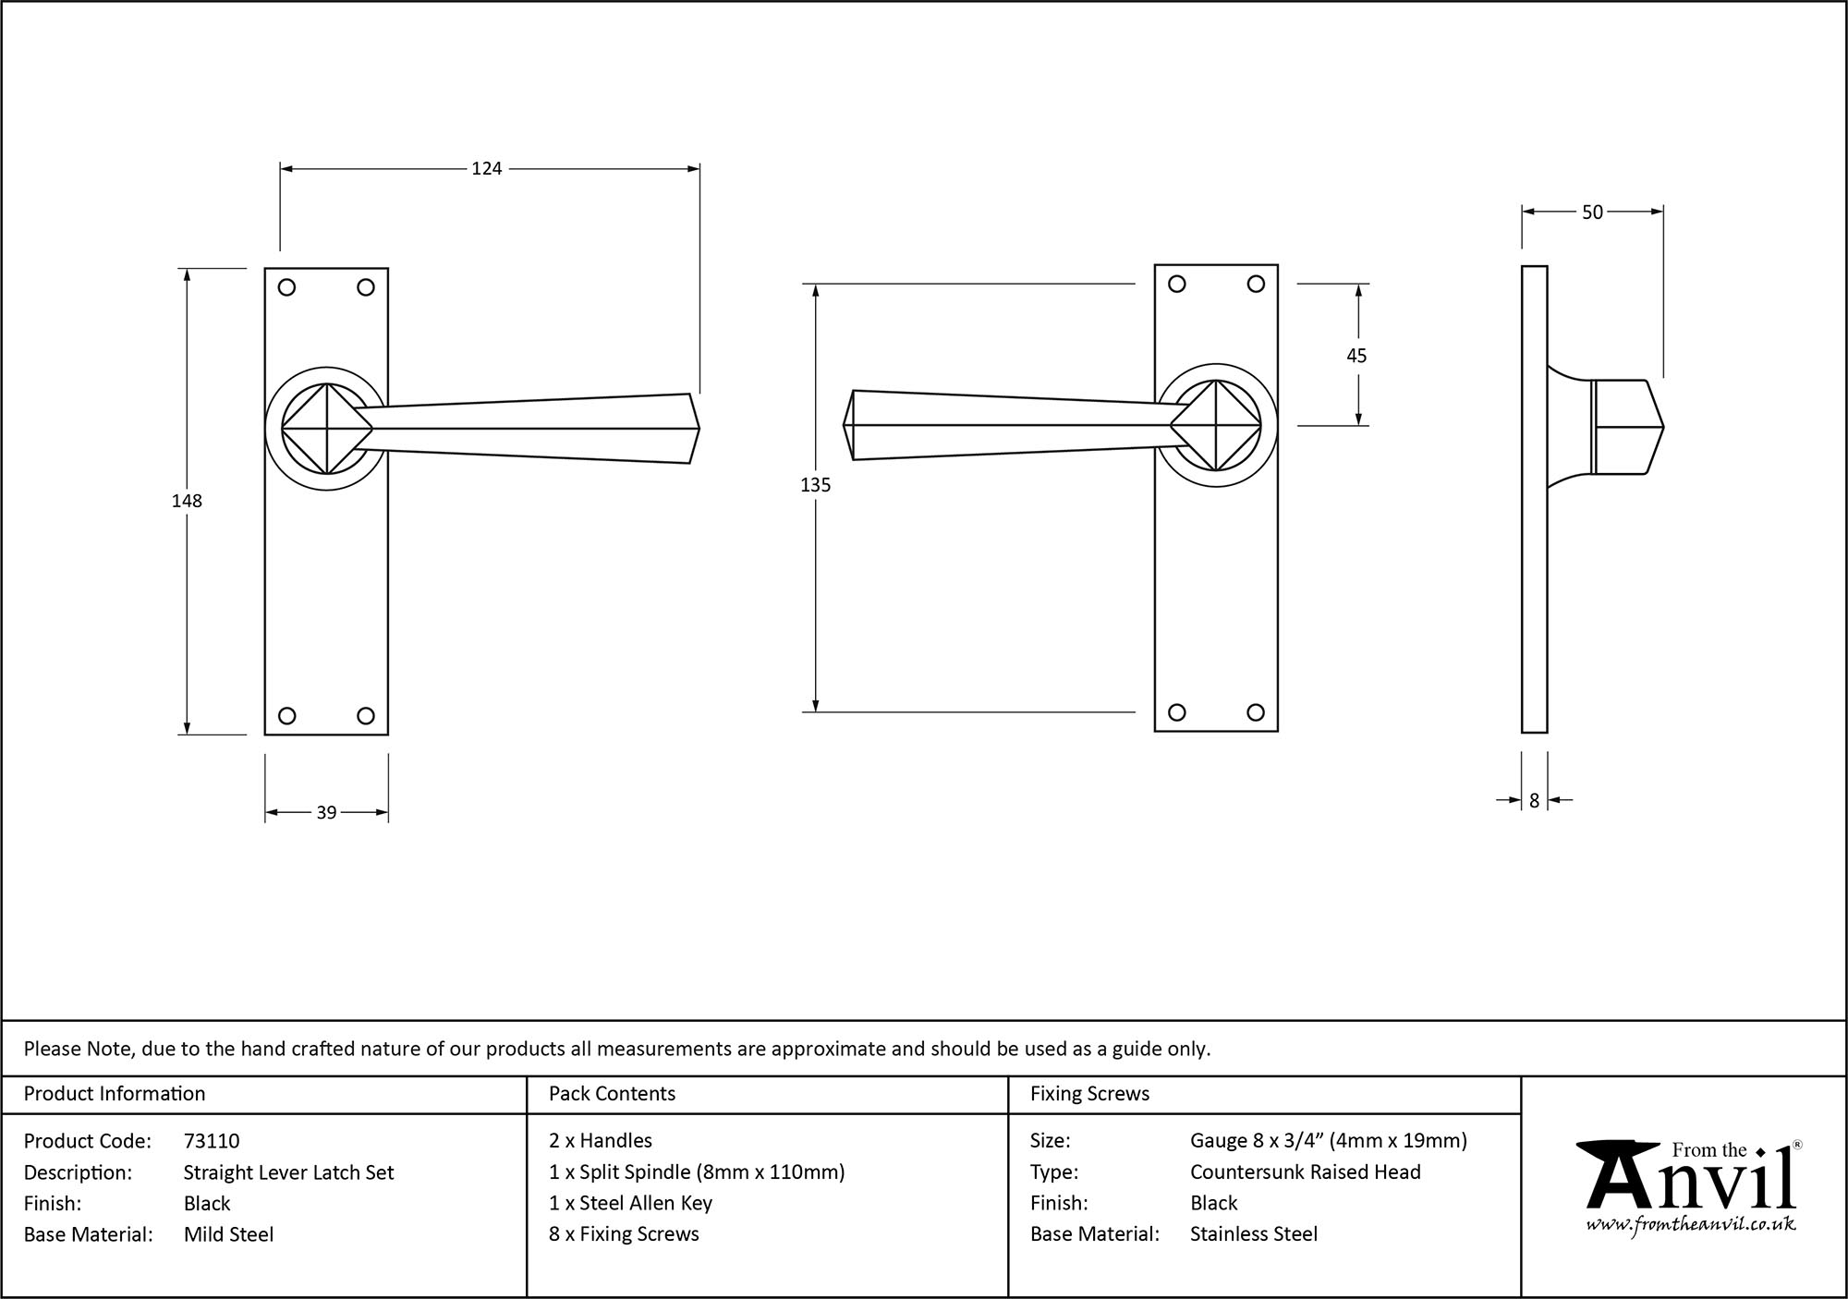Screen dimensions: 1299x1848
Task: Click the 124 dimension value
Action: pos(486,168)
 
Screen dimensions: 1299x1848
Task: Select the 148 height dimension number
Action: pos(187,501)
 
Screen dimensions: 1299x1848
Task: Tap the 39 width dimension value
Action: pos(326,813)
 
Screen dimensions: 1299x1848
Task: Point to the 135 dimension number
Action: pos(815,485)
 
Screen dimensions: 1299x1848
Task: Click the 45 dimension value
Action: pos(1356,356)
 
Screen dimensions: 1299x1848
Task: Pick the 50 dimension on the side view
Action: pos(1592,212)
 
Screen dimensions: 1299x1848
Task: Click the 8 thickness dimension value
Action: pos(1534,801)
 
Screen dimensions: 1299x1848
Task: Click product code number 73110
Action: pos(212,1141)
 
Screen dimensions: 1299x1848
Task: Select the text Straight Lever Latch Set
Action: pos(288,1172)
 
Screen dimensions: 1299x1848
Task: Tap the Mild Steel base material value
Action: pos(228,1234)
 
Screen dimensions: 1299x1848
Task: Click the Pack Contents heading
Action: pos(612,1094)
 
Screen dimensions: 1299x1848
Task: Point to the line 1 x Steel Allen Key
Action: pos(630,1203)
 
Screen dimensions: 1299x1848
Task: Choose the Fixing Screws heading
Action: pos(1089,1094)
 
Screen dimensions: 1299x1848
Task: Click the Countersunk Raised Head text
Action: pos(1305,1172)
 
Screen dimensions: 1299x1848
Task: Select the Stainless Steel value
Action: pos(1253,1234)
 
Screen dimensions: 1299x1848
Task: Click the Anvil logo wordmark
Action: pos(1691,1183)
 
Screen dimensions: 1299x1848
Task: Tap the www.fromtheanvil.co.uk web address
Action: pos(1691,1225)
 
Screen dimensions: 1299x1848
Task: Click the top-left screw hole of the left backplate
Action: pos(286,287)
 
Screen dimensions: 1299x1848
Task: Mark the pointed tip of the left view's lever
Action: pos(698,429)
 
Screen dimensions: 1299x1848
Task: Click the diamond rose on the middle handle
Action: pos(1216,426)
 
